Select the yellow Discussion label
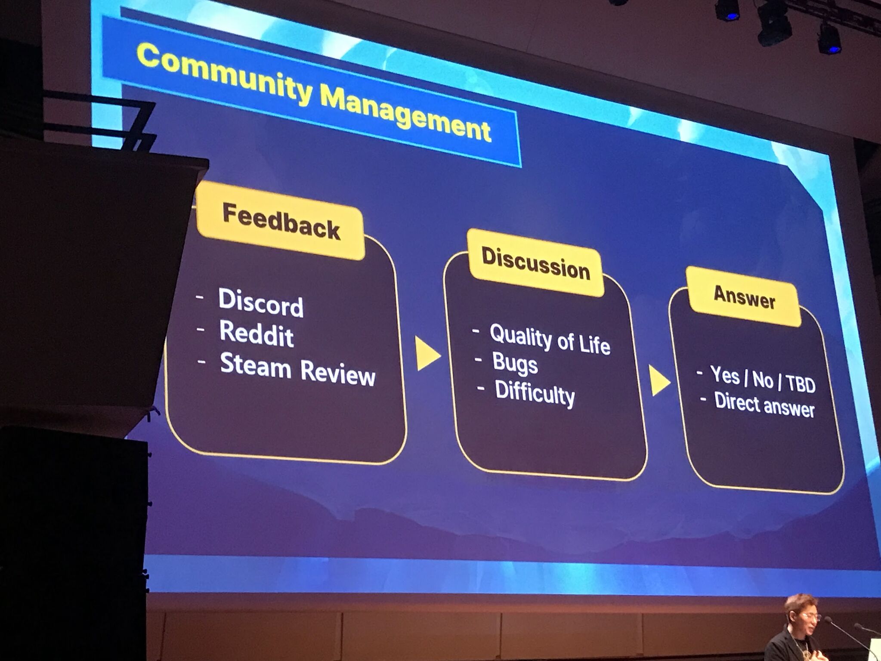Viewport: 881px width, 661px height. (x=536, y=263)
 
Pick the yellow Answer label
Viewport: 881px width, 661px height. (x=744, y=297)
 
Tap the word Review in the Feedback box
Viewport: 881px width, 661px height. (x=338, y=372)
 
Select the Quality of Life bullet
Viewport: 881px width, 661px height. (x=550, y=339)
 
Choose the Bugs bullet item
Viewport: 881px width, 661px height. (x=515, y=364)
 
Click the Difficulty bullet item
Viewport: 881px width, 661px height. (x=535, y=393)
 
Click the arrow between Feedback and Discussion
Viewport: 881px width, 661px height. (x=427, y=354)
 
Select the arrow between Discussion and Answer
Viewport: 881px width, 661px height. (x=659, y=381)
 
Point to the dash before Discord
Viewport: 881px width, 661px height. (x=200, y=297)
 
